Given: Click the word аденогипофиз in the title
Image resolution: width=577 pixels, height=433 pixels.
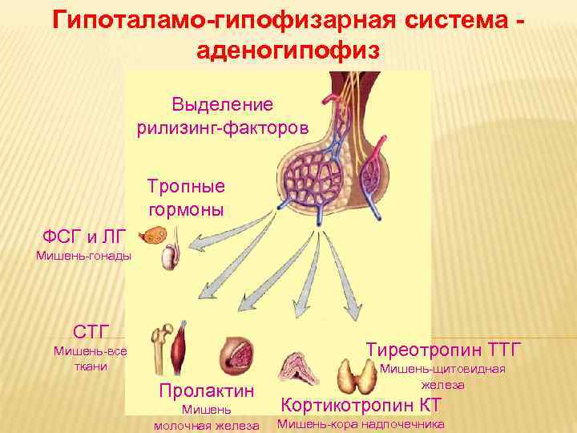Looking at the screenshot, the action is click(288, 51).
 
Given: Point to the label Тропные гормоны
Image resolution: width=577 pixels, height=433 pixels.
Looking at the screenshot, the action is click(186, 197).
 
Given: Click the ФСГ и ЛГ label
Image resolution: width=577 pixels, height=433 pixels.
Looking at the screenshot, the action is click(84, 236).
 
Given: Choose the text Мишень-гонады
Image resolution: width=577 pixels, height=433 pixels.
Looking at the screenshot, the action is click(77, 257).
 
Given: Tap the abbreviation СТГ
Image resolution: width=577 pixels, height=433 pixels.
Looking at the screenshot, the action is click(91, 331).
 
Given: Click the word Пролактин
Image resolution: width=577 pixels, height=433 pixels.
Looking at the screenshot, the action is click(206, 391).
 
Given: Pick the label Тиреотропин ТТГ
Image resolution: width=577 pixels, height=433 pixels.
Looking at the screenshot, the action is click(443, 350).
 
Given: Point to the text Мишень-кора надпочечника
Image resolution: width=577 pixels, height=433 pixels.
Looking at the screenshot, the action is click(361, 424).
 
